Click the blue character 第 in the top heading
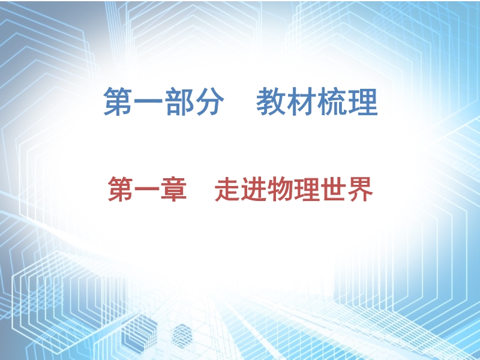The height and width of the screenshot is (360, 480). pos(118,101)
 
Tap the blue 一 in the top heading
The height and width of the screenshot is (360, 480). pos(148,102)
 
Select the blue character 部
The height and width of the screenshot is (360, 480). pos(179,101)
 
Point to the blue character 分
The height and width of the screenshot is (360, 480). pos(209,101)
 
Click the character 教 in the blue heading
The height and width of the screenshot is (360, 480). pos(271,101)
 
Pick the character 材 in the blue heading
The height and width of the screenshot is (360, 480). pos(301,101)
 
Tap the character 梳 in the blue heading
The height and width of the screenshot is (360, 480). pos(332,101)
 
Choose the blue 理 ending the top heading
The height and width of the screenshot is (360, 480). pos(362,101)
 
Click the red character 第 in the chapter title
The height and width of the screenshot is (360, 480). pos(121,189)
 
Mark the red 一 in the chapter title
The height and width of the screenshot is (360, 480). pos(147,190)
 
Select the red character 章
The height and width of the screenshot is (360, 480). pos(173,189)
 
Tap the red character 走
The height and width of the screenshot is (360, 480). pos(227,189)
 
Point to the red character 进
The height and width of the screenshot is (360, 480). pos(254,189)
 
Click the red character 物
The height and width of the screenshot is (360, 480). pos(280,189)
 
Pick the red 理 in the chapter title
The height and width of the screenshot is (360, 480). pos(307,189)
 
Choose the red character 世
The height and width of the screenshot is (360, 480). pos(334,189)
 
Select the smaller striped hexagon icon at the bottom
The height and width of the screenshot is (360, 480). pos(182,336)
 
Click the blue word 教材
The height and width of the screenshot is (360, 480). pos(286,101)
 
